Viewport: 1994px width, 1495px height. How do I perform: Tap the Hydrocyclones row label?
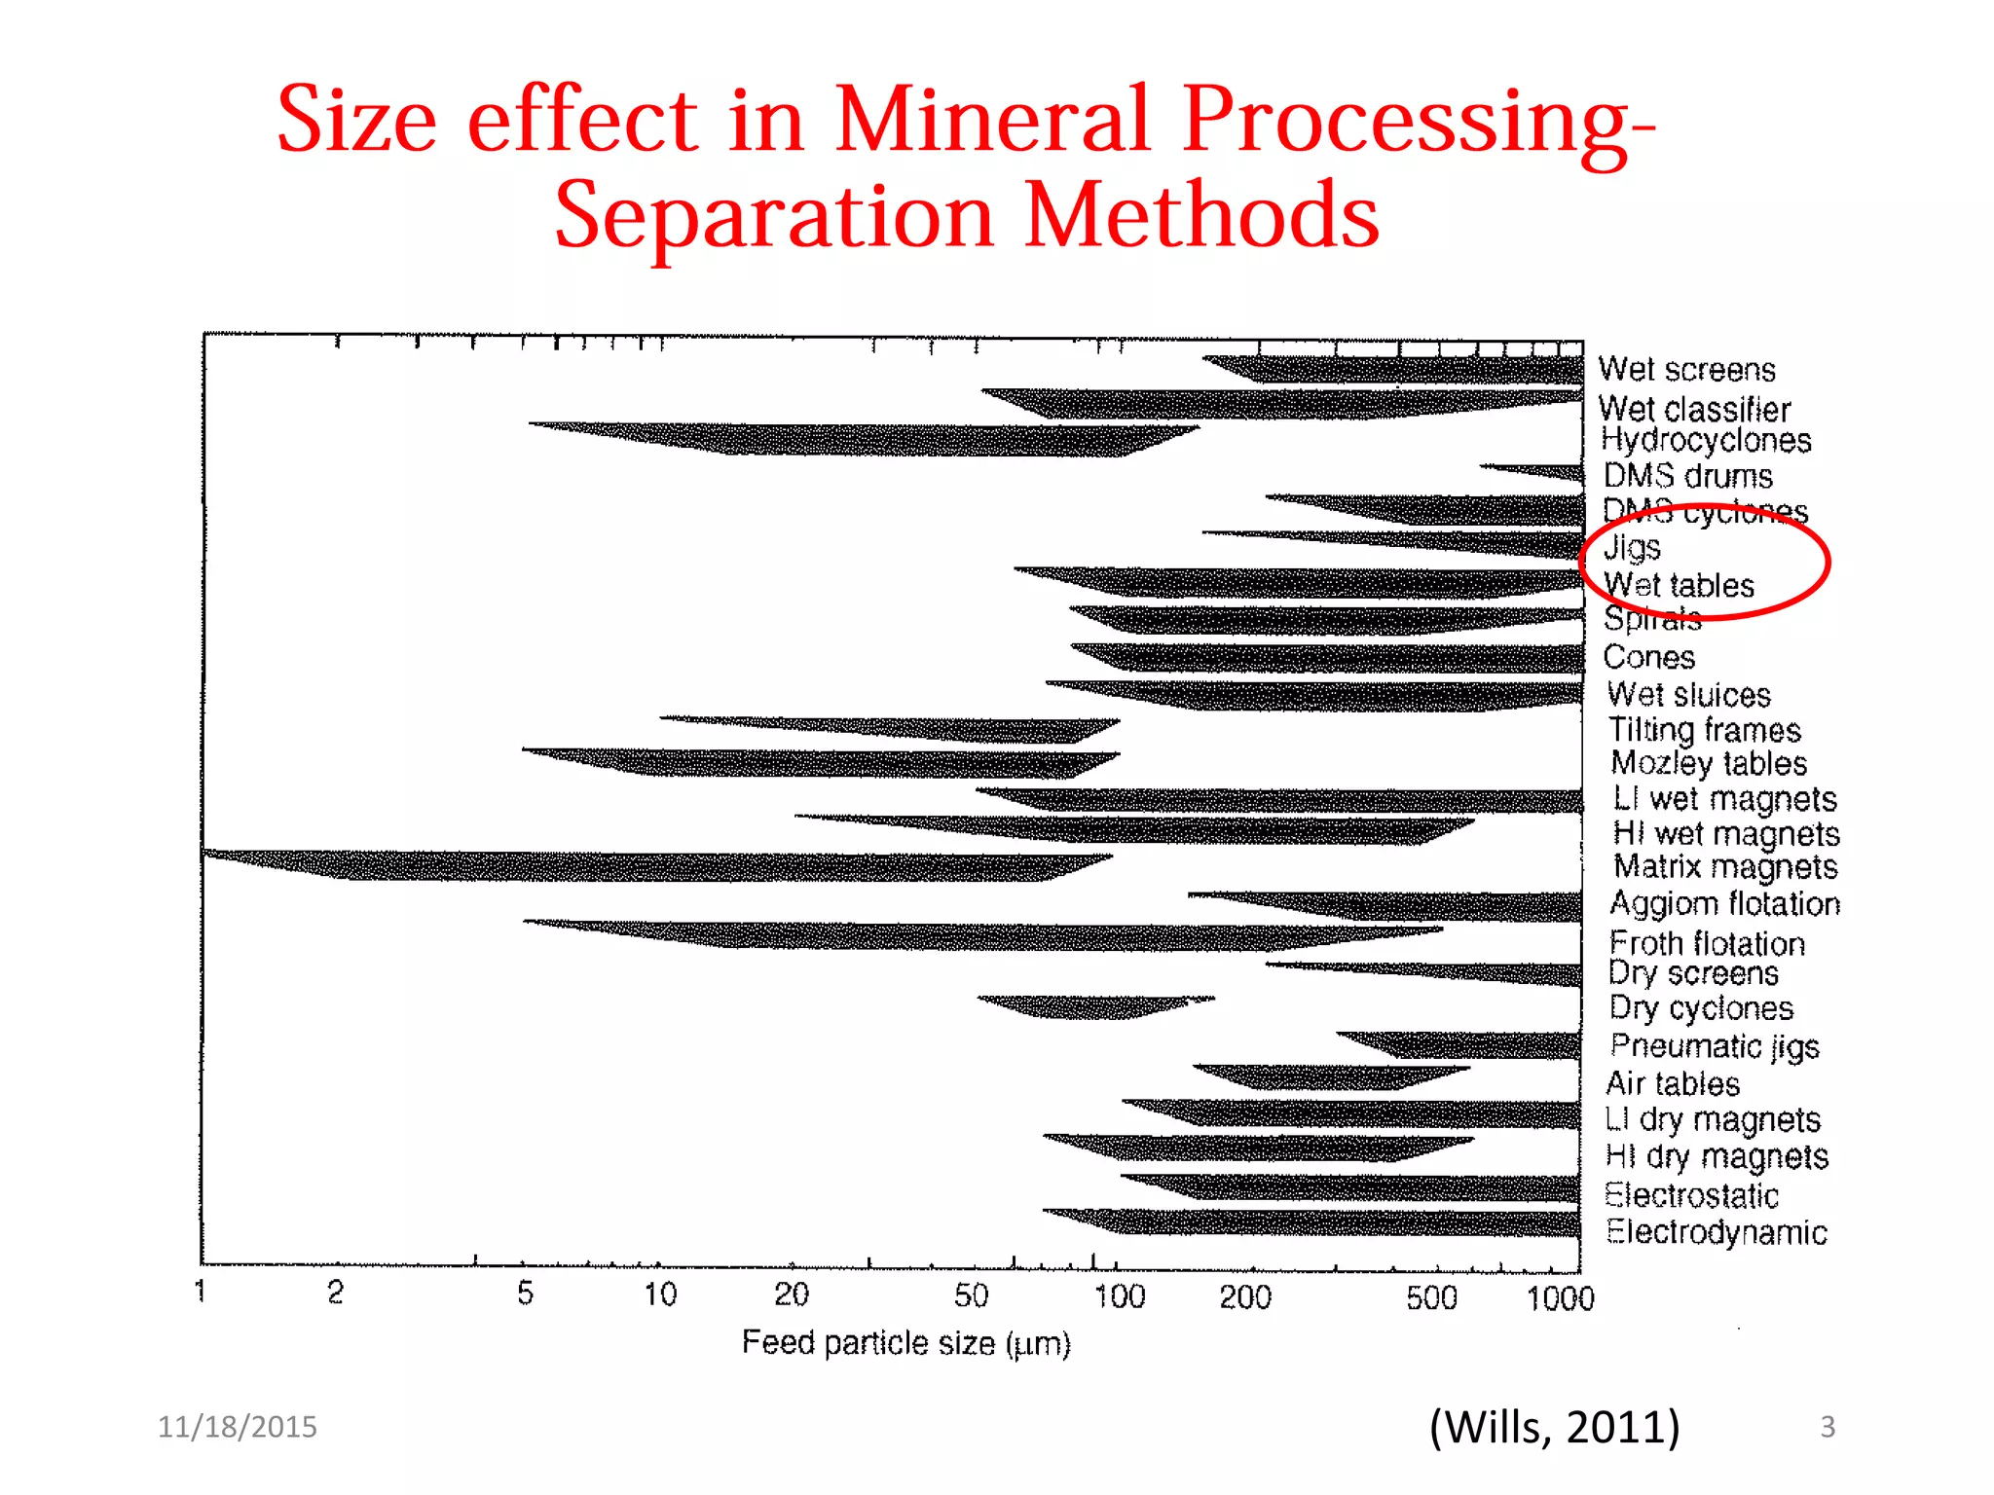pyautogui.click(x=1706, y=441)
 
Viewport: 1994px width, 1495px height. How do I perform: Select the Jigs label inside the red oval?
pyautogui.click(x=1632, y=547)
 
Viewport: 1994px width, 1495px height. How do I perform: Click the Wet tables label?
pyautogui.click(x=1679, y=585)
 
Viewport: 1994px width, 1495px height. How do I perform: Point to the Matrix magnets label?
pyautogui.click(x=1725, y=866)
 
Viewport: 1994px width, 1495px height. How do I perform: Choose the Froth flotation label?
pyautogui.click(x=1707, y=943)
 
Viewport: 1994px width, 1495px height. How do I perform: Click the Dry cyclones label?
pyautogui.click(x=1700, y=1008)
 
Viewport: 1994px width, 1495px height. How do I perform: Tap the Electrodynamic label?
pyautogui.click(x=1716, y=1232)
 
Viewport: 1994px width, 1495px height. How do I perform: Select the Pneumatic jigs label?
pyautogui.click(x=1714, y=1046)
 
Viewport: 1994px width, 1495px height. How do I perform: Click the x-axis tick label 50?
pyautogui.click(x=971, y=1295)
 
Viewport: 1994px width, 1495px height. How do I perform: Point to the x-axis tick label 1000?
pyautogui.click(x=1559, y=1298)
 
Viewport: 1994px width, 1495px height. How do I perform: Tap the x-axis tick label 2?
pyautogui.click(x=335, y=1293)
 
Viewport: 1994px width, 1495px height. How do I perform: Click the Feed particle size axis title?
pyautogui.click(x=905, y=1343)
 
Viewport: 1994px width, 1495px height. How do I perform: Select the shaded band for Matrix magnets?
pyautogui.click(x=682, y=865)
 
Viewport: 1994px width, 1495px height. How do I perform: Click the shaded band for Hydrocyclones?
pyautogui.click(x=876, y=439)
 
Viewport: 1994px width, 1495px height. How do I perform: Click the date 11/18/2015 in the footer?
pyautogui.click(x=238, y=1427)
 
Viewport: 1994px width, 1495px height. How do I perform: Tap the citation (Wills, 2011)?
pyautogui.click(x=1554, y=1427)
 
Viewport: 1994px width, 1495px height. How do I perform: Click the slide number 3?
pyautogui.click(x=1827, y=1427)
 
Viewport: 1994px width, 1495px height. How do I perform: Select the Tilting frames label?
pyautogui.click(x=1704, y=730)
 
